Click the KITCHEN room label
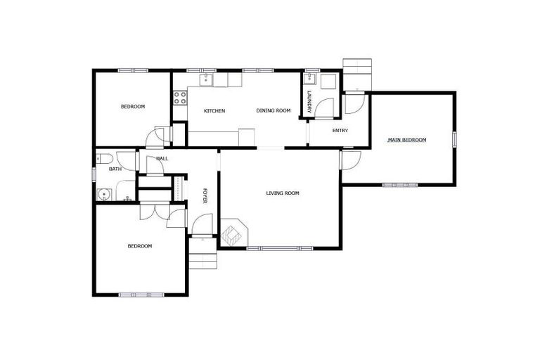[214, 111]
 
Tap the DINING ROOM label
[274, 110]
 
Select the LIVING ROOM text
[283, 193]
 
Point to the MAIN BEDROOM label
[407, 140]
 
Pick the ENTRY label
[340, 130]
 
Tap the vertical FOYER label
[205, 196]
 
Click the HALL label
[162, 159]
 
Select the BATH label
[115, 169]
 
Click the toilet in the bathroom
[103, 157]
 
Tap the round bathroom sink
[105, 193]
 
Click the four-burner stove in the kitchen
[180, 97]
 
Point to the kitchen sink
[206, 80]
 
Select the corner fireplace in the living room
[233, 233]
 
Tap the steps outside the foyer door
[202, 252]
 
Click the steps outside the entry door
[356, 70]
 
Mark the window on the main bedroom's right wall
[454, 139]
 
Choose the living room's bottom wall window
[281, 247]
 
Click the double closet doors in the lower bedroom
[150, 210]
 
